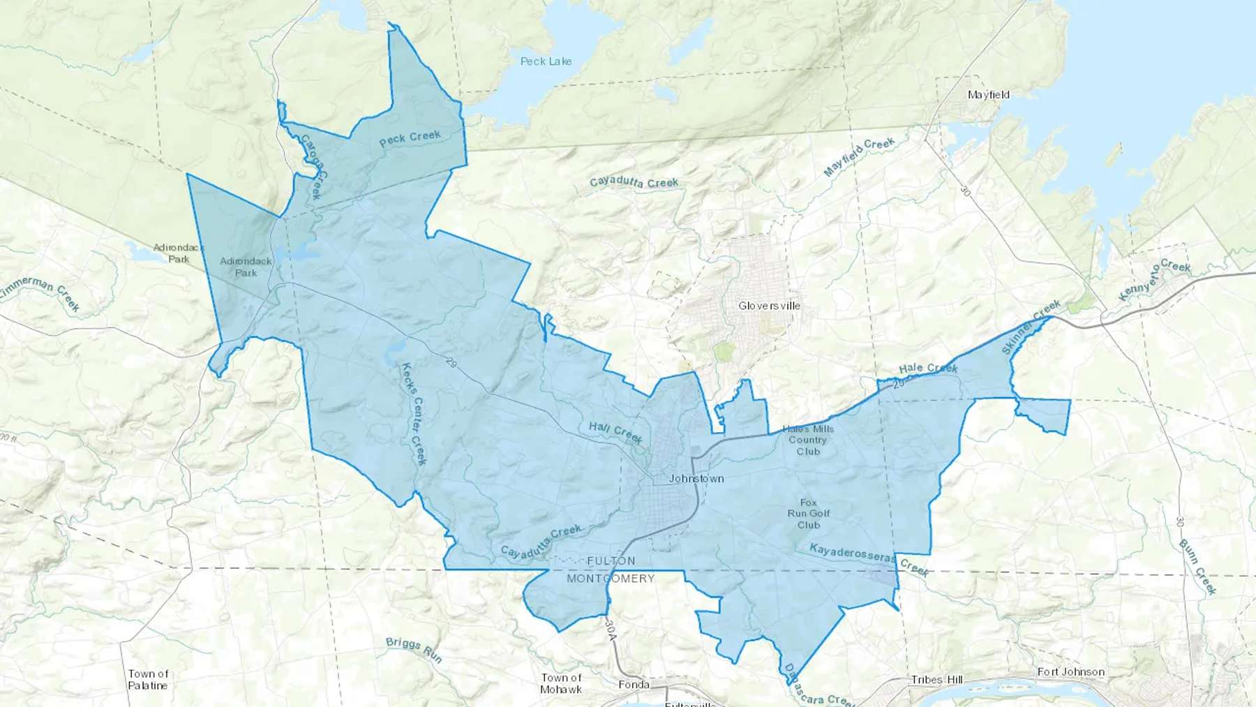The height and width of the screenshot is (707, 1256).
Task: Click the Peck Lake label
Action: (x=546, y=61)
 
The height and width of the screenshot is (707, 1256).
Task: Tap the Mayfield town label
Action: (x=988, y=94)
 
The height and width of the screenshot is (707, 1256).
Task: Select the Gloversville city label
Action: (x=769, y=306)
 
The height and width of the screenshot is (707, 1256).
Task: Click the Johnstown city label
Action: (x=696, y=479)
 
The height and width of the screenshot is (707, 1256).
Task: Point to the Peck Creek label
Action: (x=410, y=138)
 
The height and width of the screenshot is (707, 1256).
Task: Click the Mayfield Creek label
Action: (x=859, y=157)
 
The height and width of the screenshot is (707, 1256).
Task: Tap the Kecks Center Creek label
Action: (x=413, y=414)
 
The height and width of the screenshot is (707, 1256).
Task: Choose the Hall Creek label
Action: (x=615, y=432)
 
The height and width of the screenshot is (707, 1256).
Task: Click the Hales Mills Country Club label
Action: (x=807, y=440)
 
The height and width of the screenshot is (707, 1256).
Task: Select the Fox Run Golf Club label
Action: (x=808, y=514)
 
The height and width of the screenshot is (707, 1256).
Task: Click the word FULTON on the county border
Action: (x=611, y=561)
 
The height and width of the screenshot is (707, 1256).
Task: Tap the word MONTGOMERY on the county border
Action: (x=611, y=579)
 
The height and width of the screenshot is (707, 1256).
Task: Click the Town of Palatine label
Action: (x=148, y=680)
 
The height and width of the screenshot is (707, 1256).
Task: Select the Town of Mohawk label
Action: (x=561, y=683)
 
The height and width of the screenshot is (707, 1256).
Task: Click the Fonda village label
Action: (x=634, y=685)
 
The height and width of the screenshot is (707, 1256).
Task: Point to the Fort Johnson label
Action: (x=1070, y=672)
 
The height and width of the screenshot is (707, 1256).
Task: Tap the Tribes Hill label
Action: (x=936, y=680)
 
